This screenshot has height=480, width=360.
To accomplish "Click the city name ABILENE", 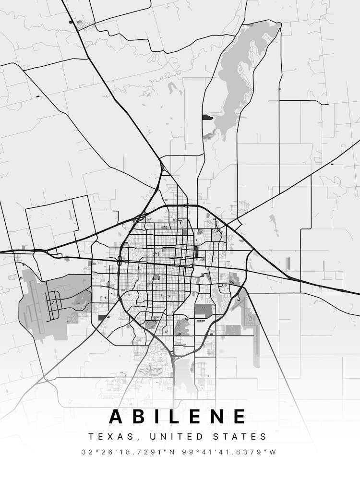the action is point(178,416).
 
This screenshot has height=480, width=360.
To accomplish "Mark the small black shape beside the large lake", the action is point(207,117).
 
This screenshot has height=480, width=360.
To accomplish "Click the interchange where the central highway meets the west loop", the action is point(119,261).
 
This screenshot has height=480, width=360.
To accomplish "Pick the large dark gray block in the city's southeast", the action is point(204,311).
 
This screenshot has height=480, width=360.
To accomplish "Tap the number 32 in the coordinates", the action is point(86,452).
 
